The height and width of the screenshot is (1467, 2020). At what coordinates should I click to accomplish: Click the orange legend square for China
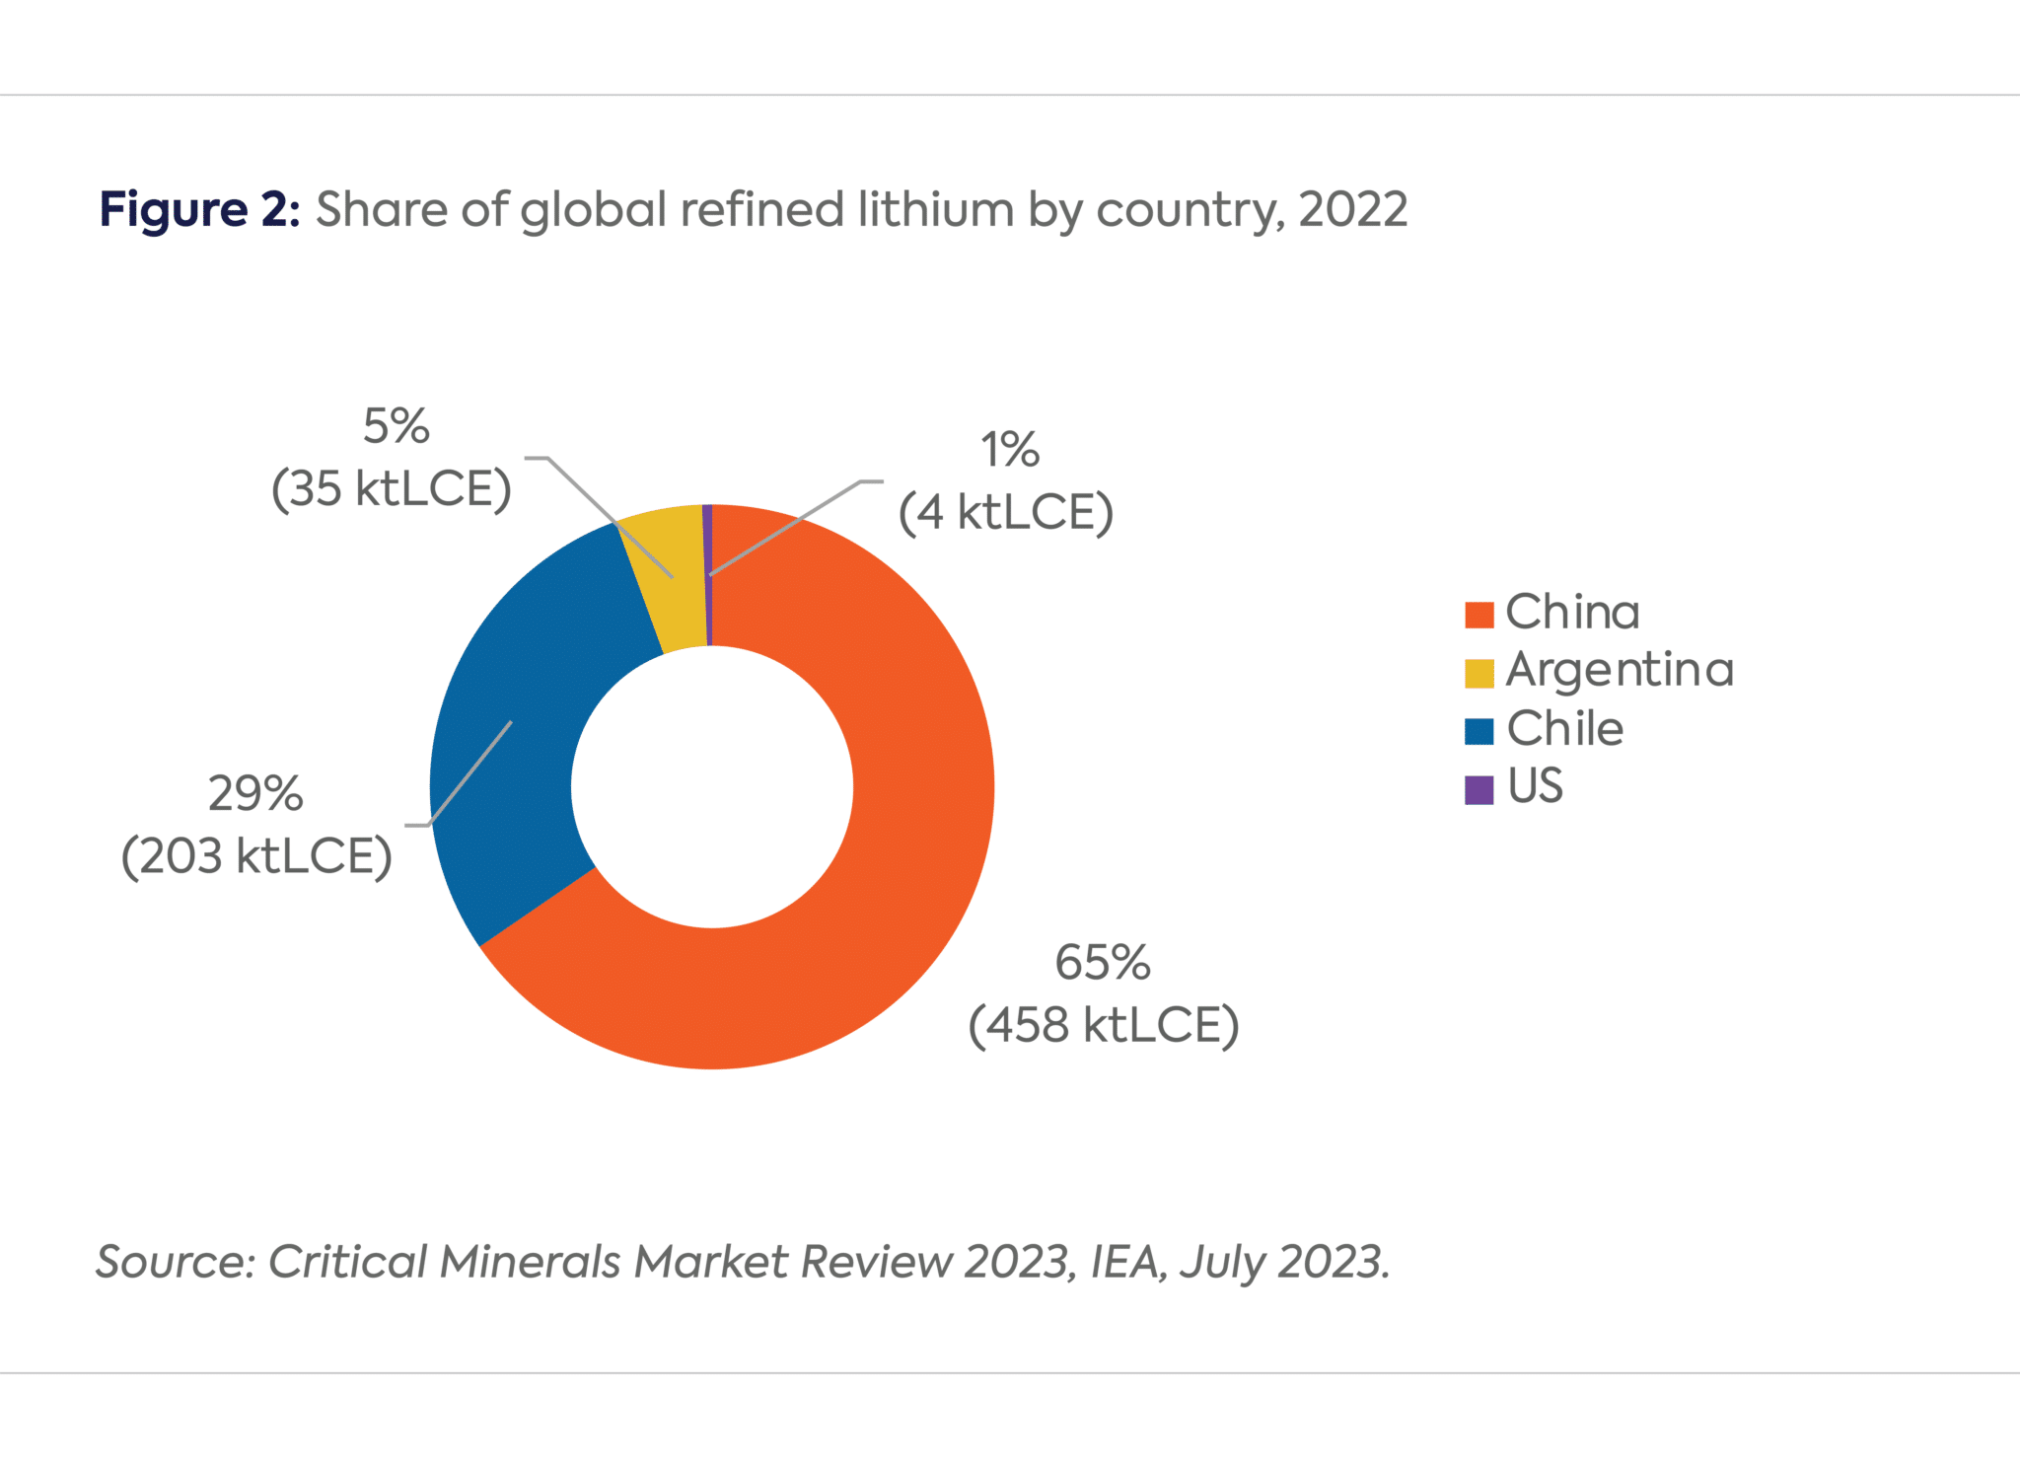pos(1479,615)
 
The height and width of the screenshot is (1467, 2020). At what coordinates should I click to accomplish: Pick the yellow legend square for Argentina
pos(1479,673)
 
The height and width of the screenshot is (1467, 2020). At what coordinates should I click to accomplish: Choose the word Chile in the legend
pos(1564,730)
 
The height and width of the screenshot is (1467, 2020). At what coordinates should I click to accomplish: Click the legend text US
pos(1535,787)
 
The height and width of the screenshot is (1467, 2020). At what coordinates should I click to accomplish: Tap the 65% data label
pos(1102,963)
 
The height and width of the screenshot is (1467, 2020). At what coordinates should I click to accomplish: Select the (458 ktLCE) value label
pos(1103,1025)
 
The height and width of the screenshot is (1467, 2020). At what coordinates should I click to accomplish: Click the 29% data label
pos(255,794)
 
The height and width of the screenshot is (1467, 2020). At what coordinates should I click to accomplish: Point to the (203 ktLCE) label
pos(256,856)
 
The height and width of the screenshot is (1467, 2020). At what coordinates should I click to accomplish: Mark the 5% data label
pos(396,427)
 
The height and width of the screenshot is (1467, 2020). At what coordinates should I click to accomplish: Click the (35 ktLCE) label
pos(392,489)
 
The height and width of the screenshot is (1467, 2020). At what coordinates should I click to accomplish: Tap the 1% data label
pos(1009,451)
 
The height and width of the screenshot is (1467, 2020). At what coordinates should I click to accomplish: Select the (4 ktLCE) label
pos(1006,513)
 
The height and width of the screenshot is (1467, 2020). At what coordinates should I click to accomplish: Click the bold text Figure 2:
pos(199,210)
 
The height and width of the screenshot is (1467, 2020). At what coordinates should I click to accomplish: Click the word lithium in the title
pos(935,210)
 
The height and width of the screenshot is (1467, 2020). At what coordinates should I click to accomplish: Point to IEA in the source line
pos(1127,1262)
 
